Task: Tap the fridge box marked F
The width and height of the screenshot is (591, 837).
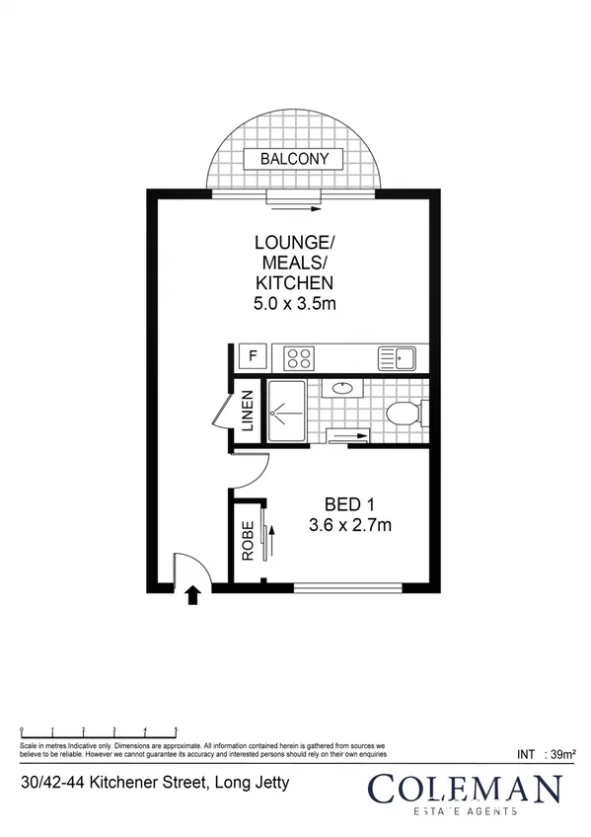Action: [252, 356]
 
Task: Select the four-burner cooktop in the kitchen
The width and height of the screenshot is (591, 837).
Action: [299, 357]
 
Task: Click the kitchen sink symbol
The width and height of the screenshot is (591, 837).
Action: [398, 357]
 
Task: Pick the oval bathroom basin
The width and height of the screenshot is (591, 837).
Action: [342, 388]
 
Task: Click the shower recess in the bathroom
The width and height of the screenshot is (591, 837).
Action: [285, 409]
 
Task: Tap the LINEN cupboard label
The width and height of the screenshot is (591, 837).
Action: [248, 414]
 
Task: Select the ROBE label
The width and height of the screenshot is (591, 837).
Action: [248, 541]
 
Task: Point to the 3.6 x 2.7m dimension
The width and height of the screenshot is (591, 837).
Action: [349, 525]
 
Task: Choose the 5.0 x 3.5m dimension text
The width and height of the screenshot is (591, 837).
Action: [295, 305]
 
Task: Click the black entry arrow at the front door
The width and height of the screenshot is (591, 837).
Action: [193, 593]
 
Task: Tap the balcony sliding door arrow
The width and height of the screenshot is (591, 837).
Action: [293, 207]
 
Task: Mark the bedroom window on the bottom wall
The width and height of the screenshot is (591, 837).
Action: [347, 588]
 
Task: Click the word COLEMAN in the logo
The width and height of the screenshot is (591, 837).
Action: [465, 790]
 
